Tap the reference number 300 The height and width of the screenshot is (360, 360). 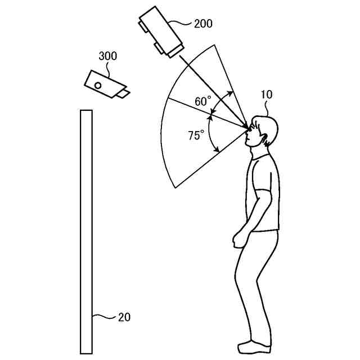point(107,56)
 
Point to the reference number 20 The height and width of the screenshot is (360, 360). point(124,317)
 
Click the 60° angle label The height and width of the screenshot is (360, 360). point(203,101)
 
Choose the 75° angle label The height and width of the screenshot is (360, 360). point(196,135)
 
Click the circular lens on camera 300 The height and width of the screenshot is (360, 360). point(98,85)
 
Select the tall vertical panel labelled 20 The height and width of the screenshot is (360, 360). point(86,231)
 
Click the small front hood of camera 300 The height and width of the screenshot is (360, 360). point(123,92)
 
